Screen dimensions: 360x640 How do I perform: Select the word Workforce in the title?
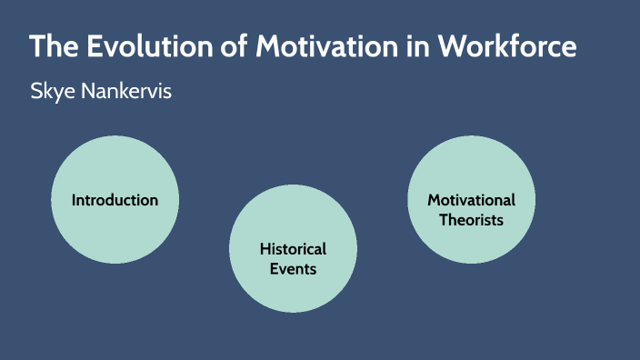(x=504, y=46)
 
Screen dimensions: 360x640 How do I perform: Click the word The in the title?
(x=53, y=46)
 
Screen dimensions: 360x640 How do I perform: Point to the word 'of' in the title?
(x=228, y=46)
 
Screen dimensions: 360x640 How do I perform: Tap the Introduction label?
(x=115, y=201)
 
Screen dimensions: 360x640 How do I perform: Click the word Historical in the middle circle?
(x=293, y=249)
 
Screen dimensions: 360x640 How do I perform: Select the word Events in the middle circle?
(x=293, y=269)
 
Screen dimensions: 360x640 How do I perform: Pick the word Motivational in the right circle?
(x=471, y=200)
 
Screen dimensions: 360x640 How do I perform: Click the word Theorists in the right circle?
(x=471, y=220)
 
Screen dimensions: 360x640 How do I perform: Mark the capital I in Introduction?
(x=75, y=201)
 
